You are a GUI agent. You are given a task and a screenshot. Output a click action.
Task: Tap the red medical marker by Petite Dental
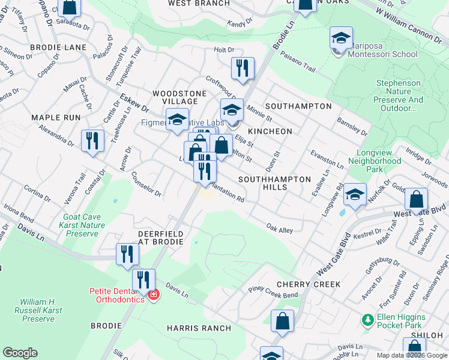pos(154,295)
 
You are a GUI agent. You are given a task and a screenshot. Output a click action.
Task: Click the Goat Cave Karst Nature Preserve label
pos(84,226)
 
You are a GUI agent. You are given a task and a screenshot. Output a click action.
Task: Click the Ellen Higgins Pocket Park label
pos(409,321)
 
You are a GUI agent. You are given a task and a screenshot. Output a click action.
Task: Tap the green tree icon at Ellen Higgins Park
pos(366,321)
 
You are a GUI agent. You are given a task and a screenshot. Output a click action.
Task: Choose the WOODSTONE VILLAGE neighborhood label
pos(179,98)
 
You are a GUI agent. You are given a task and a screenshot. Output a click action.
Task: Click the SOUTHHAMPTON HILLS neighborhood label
pos(275,184)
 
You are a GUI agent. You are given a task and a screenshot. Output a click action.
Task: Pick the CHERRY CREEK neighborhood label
pos(309,284)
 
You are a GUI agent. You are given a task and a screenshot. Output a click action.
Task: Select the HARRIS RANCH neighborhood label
pos(199,328)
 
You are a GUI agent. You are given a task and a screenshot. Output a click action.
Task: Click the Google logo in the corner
pos(20,353)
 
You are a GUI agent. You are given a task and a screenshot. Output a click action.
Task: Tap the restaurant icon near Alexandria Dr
pos(92,142)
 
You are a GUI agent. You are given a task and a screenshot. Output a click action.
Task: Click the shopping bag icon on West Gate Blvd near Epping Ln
pos(416,199)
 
